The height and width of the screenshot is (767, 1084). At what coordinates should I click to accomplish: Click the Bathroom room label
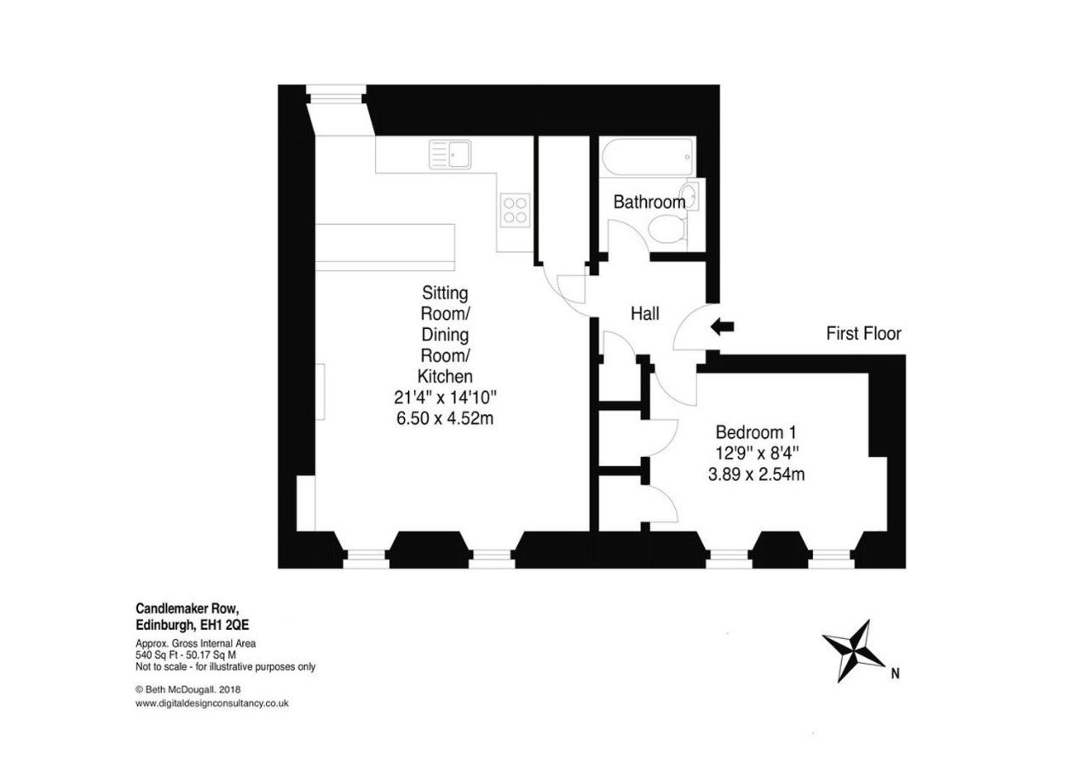(649, 203)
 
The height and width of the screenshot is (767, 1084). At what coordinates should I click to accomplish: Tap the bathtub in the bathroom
(647, 159)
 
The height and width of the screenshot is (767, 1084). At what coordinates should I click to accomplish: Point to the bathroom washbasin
(691, 196)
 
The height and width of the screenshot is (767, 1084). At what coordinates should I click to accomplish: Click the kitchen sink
(452, 154)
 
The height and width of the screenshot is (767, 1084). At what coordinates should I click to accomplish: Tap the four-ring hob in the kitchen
(515, 210)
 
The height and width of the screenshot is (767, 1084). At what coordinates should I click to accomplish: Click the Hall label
(645, 314)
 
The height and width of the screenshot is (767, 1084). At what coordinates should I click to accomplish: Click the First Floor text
(863, 334)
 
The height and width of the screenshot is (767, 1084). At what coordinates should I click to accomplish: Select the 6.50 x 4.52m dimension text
(444, 418)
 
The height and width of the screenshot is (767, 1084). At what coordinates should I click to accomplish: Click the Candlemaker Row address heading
(187, 608)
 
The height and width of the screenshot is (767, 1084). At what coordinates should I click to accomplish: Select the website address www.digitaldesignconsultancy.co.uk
(212, 704)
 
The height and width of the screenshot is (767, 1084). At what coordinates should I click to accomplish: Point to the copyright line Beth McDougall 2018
(188, 689)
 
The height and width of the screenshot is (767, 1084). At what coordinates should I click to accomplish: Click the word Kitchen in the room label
(444, 376)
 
